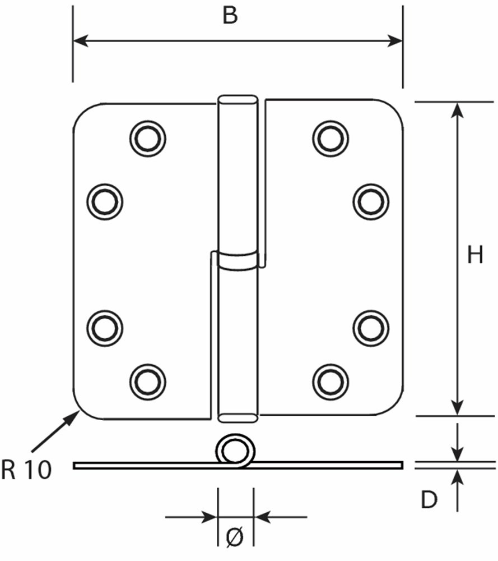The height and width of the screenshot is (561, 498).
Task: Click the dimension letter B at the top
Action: tap(230, 16)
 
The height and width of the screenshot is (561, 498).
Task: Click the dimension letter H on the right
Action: tap(475, 255)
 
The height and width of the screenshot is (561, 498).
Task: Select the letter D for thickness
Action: tap(429, 499)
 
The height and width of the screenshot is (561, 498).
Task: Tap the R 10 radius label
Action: tap(26, 470)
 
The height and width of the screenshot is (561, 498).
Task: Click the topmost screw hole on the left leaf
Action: tap(147, 139)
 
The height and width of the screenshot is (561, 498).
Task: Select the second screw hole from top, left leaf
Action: tap(105, 201)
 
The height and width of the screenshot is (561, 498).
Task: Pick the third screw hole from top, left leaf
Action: tap(105, 328)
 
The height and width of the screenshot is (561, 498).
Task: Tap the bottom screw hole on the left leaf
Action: tap(147, 381)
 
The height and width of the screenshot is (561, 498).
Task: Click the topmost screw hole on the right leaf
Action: tap(331, 139)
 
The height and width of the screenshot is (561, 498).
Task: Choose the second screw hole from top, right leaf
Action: tap(371, 201)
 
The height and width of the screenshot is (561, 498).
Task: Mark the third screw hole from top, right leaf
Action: tap(371, 328)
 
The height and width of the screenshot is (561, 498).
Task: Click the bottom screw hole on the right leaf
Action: tap(331, 381)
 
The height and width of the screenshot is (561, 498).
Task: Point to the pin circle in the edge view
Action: tap(235, 450)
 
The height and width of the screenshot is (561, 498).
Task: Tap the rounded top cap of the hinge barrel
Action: tap(238, 100)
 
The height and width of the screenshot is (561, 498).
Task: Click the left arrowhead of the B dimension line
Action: tap(80, 41)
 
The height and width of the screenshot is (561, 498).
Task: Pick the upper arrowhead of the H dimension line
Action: tap(457, 110)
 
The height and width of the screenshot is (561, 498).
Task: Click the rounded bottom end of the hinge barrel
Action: tap(238, 417)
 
